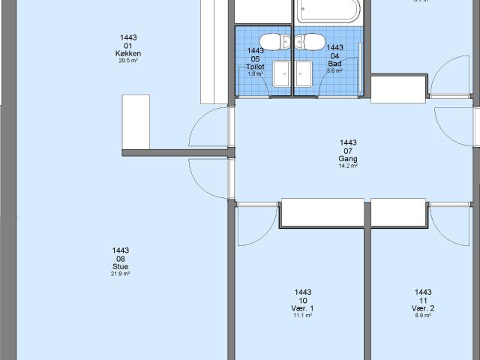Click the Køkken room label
point(129,54)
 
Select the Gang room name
point(348,159)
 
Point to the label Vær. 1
point(303,309)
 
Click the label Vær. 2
point(423,309)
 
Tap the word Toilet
point(256,67)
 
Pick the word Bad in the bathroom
point(334,64)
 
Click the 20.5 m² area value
point(129,61)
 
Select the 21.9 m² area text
point(121,274)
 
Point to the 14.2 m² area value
point(348,166)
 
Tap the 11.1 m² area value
point(303,316)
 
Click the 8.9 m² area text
point(423,316)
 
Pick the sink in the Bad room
point(303,74)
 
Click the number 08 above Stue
point(121,259)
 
